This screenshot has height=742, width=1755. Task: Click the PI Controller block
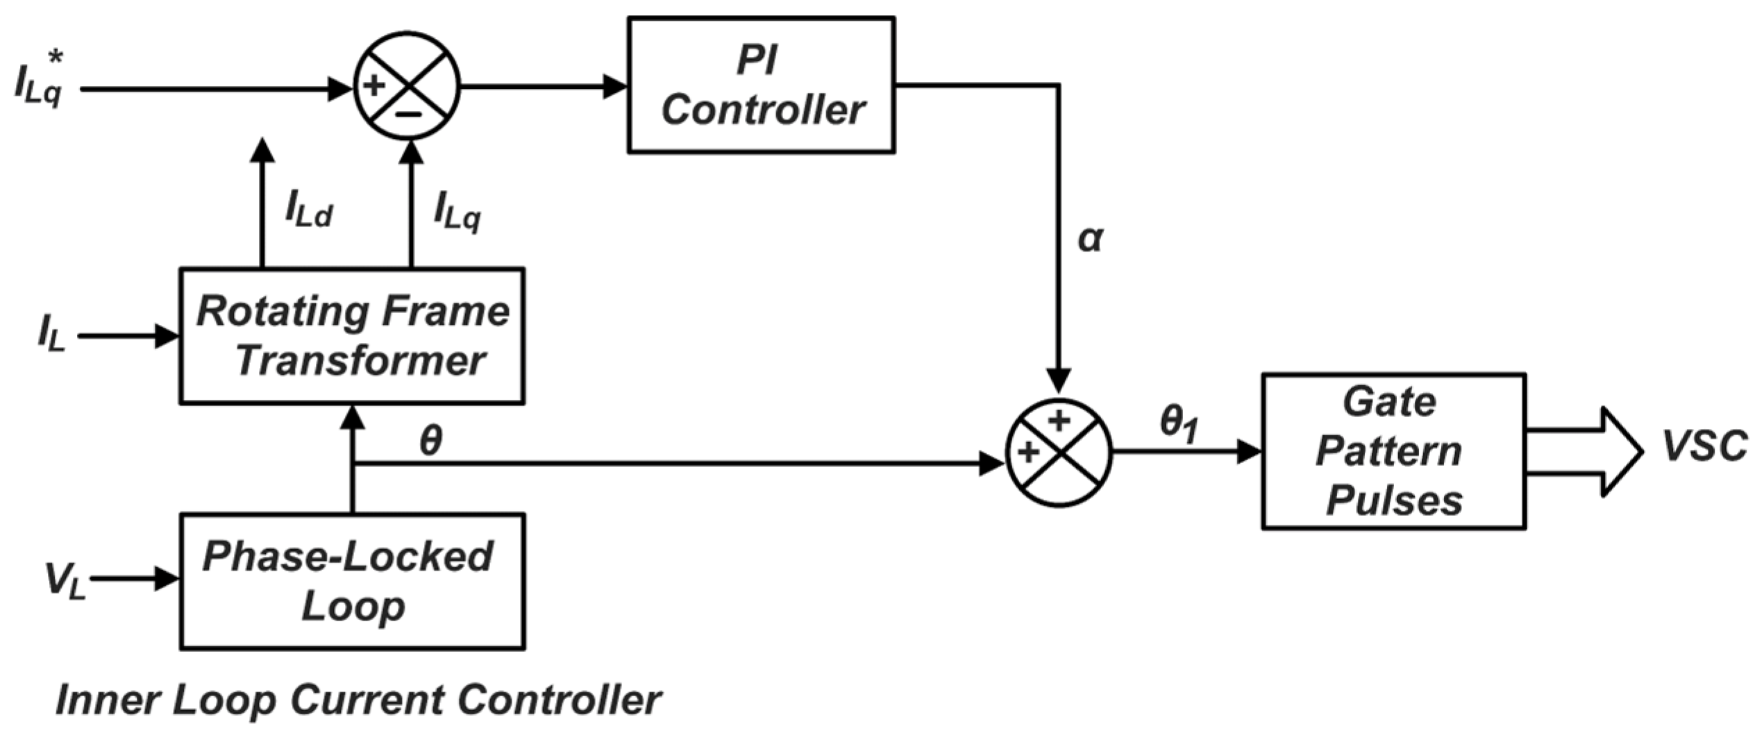pos(761,85)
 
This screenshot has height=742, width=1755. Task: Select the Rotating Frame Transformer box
pos(351,335)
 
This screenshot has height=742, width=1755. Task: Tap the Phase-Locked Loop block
pos(351,581)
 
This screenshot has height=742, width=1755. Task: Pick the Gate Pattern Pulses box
pos(1393,451)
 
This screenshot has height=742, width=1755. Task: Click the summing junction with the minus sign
pos(407,86)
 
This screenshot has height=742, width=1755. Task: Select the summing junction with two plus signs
pos(1058,453)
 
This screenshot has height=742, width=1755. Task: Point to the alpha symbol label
pos(1089,238)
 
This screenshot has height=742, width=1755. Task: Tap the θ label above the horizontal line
pos(430,440)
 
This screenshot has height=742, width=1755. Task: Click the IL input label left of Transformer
pos(51,333)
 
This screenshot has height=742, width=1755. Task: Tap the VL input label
pos(64,580)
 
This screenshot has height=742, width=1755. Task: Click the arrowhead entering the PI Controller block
pos(615,87)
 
